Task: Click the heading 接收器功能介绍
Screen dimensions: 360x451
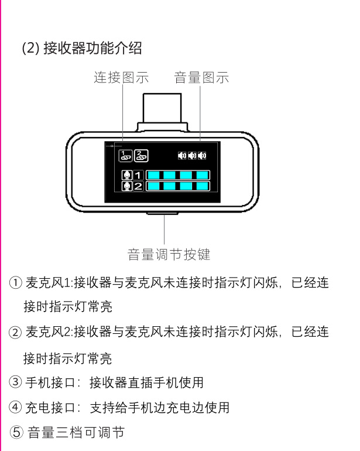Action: tap(92, 48)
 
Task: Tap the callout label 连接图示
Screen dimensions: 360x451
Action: tap(121, 77)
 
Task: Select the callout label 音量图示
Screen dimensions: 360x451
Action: tap(201, 77)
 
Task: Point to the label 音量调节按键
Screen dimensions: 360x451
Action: tap(169, 255)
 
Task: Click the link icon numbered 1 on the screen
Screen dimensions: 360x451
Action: tap(125, 156)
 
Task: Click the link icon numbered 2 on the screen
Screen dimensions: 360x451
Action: tap(141, 156)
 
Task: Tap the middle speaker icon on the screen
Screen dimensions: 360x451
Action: tap(192, 156)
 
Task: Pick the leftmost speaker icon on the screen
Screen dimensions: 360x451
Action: tap(182, 156)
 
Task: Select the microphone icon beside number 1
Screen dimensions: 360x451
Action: tap(126, 175)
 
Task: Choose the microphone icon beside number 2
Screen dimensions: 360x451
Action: tap(126, 186)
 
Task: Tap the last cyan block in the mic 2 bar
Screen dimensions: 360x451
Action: tap(203, 186)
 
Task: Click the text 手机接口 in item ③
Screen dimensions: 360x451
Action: tap(48, 383)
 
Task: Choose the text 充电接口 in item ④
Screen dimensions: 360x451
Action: tap(48, 408)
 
